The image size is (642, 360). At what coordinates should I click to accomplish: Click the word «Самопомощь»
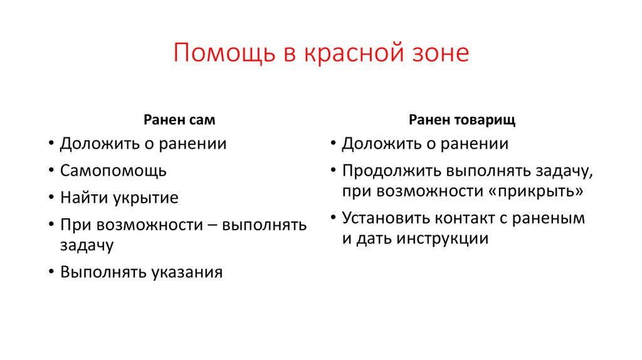pos(113,171)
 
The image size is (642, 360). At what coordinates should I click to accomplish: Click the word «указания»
pos(187,272)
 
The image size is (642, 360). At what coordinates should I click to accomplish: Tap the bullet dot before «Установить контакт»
pos(332,219)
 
